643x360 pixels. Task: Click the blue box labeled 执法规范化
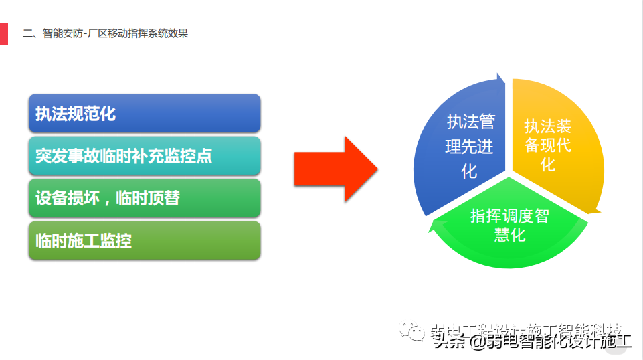[145, 113]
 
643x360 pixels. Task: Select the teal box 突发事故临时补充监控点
[145, 156]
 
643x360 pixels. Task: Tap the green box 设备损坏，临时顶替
[145, 198]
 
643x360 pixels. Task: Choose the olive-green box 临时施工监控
[145, 241]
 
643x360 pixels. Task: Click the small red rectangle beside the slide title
[3, 33]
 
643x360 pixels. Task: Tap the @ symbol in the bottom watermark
[476, 343]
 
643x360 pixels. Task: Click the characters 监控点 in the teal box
[189, 156]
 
